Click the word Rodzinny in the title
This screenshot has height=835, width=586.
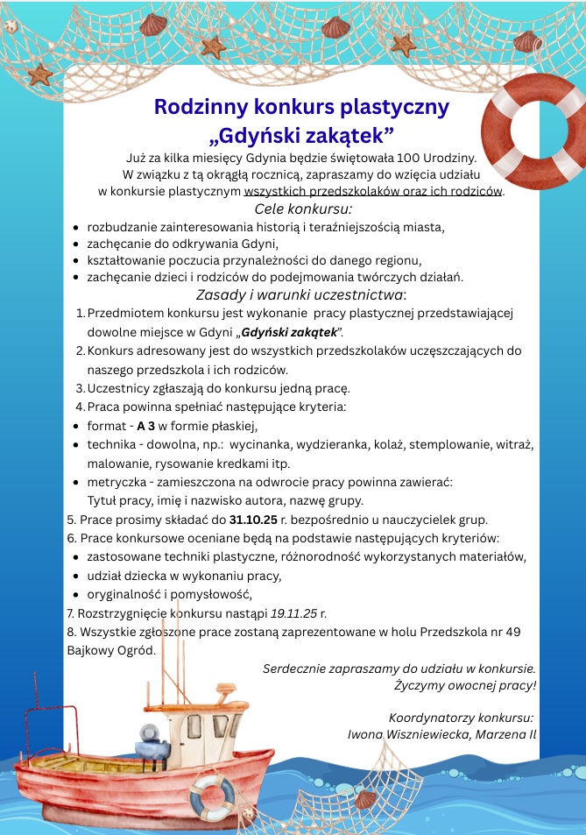pos(199,107)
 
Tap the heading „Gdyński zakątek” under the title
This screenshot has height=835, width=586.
pos(301,135)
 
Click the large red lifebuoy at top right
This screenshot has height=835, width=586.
pos(531,126)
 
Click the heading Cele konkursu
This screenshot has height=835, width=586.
pos(302,209)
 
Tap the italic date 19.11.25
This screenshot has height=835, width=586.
pos(296,612)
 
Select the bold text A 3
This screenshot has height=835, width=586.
pos(146,426)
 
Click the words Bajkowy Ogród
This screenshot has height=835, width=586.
pos(111,650)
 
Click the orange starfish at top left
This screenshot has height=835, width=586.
pos(40,74)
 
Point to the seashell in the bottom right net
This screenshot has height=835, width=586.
pos(364,798)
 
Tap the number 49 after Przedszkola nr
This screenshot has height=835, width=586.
pos(513,631)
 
